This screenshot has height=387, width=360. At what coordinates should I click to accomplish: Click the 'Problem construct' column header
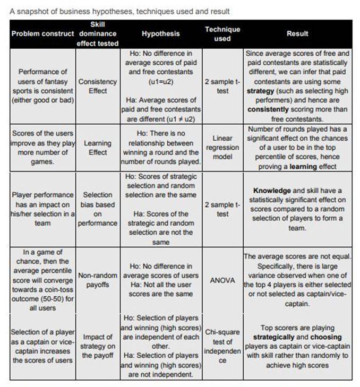[42, 33]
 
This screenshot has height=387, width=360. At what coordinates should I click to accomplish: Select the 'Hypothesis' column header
[161, 33]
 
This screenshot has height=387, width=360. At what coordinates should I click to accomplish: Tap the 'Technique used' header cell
[222, 33]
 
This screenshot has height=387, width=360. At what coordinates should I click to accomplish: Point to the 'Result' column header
[297, 33]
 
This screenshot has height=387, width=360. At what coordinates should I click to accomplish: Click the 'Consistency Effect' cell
[97, 87]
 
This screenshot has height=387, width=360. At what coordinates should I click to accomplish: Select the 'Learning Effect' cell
[98, 148]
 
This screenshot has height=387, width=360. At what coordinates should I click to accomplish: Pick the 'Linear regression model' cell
[223, 147]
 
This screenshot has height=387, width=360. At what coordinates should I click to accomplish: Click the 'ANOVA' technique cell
[222, 280]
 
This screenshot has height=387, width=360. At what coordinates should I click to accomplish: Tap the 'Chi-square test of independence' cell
[222, 346]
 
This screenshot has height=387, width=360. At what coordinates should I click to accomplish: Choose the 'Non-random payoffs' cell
[98, 280]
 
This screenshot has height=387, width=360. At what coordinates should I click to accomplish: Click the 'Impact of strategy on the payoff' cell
[98, 346]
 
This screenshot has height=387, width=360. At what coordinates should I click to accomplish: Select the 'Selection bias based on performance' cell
[98, 209]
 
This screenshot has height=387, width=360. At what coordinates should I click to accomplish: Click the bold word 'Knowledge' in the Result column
[271, 190]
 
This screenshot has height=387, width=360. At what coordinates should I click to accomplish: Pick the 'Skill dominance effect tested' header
[98, 33]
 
